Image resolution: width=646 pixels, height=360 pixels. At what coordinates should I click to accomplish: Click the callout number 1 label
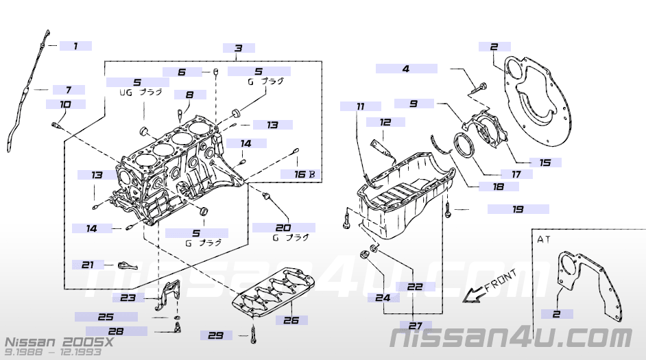pyautogui.click(x=75, y=46)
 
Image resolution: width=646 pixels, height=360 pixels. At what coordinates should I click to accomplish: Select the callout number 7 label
pyautogui.click(x=68, y=90)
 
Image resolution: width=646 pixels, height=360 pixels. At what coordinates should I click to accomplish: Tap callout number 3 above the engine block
pyautogui.click(x=239, y=48)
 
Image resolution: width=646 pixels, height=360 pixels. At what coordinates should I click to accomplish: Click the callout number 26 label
pyautogui.click(x=291, y=320)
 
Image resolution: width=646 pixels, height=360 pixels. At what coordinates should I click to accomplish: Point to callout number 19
pyautogui.click(x=518, y=209)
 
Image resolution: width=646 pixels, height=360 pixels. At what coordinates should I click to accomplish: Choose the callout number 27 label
pyautogui.click(x=416, y=326)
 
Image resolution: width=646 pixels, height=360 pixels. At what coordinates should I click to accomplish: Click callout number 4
pyautogui.click(x=406, y=69)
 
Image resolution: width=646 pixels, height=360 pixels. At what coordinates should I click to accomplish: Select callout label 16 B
pyautogui.click(x=304, y=174)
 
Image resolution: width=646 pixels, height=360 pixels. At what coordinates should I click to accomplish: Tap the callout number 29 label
pyautogui.click(x=216, y=335)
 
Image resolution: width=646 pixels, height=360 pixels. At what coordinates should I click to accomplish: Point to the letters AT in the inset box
pyautogui.click(x=545, y=241)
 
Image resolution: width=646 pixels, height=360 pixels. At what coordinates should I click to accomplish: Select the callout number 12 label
pyautogui.click(x=385, y=122)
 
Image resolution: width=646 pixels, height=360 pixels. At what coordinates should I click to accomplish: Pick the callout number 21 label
pyautogui.click(x=88, y=264)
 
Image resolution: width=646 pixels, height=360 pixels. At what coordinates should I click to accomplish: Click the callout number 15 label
pyautogui.click(x=545, y=163)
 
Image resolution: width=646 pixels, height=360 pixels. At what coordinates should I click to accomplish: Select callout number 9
pyautogui.click(x=414, y=104)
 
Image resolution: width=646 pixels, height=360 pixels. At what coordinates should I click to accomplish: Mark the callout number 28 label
pyautogui.click(x=115, y=331)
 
